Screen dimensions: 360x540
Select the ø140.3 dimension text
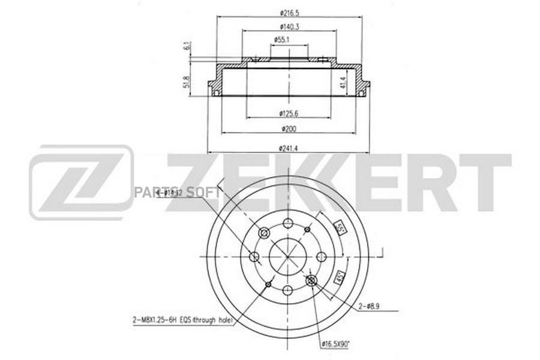pyautogui.click(x=289, y=26)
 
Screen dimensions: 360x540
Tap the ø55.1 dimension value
pyautogui.click(x=283, y=40)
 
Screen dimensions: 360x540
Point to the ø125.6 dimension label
pyautogui.click(x=289, y=113)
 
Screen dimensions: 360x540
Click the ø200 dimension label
pyautogui.click(x=289, y=128)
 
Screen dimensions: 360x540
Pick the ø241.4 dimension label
pyautogui.click(x=289, y=148)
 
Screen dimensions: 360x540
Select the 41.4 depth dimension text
pyautogui.click(x=342, y=82)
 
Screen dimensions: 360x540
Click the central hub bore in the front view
pyautogui.click(x=288, y=257)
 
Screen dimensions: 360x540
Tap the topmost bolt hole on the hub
pyautogui.click(x=288, y=223)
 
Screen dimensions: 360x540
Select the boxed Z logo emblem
pyautogui.click(x=82, y=182)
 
